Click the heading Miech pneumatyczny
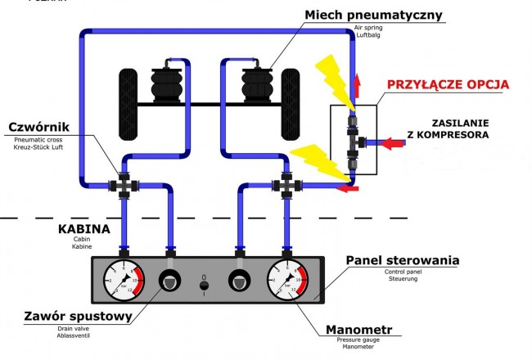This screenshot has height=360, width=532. coord(372,15)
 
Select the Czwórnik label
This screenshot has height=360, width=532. coord(39,128)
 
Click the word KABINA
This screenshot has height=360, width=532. coord(79,230)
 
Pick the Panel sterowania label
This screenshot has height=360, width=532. coord(401,261)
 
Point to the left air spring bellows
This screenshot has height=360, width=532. coord(169,83)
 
